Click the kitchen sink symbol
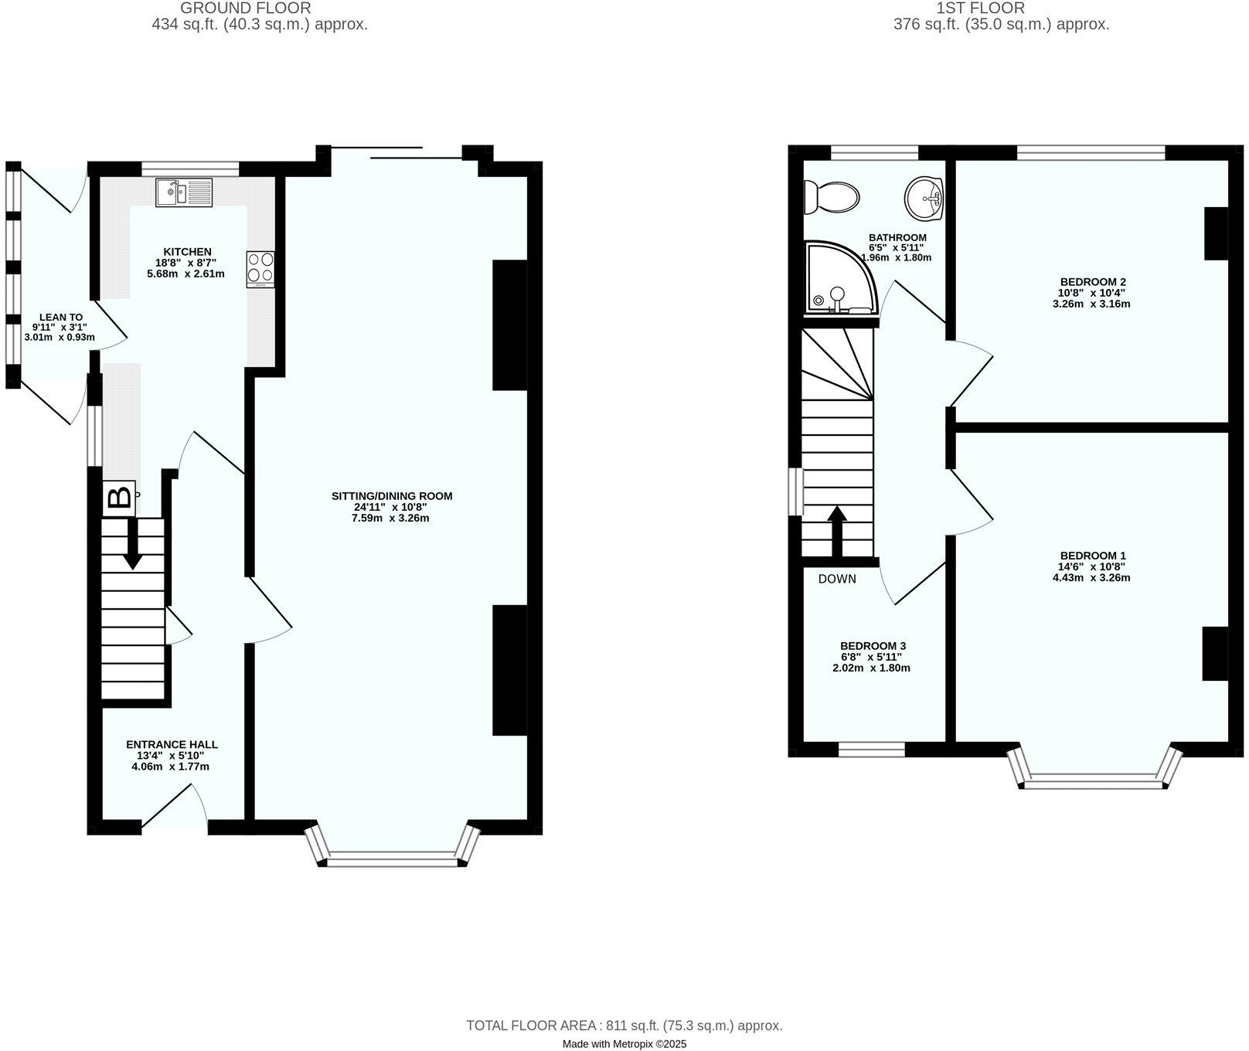click(184, 192)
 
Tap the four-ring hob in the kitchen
click(260, 269)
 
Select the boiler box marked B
click(119, 498)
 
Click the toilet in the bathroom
click(831, 196)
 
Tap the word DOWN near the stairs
click(837, 579)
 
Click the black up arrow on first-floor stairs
click(836, 530)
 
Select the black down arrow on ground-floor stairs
click(133, 544)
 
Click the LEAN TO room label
click(61, 317)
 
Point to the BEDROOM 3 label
click(873, 646)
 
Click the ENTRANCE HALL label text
click(172, 745)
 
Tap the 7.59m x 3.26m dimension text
click(390, 518)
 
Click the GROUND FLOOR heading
click(245, 9)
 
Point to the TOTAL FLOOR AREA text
click(624, 1025)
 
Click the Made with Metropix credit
click(624, 1043)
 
